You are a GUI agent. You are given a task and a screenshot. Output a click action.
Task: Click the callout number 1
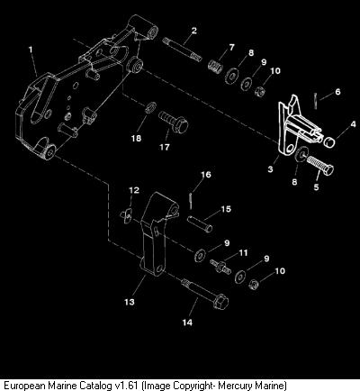[31, 50]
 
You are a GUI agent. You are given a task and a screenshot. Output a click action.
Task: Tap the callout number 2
[194, 31]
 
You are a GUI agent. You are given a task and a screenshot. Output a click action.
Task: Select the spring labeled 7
[216, 67]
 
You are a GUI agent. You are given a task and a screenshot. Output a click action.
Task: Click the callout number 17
[165, 147]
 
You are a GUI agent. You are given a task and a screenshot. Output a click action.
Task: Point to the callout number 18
[136, 138]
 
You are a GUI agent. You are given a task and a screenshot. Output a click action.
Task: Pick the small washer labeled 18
[150, 107]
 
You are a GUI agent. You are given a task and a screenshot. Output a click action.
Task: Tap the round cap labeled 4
[330, 142]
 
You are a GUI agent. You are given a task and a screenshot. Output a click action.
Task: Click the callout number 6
[337, 92]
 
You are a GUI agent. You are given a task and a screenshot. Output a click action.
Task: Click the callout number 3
[270, 169]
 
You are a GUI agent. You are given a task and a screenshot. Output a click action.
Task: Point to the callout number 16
[206, 175]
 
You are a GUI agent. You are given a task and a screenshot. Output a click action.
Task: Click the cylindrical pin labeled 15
[200, 223]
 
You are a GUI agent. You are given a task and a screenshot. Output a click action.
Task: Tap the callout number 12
[134, 190]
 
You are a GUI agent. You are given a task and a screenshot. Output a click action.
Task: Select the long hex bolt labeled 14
[204, 293]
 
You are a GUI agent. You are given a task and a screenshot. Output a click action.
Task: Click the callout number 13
[130, 302]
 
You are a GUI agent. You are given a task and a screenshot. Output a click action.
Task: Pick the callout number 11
[243, 253]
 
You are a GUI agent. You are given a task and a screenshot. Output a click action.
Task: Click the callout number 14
[187, 323]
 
